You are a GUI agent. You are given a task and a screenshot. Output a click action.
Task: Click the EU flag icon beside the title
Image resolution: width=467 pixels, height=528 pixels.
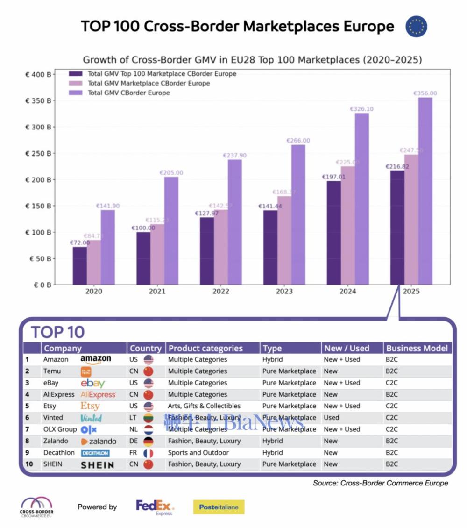tap(416, 26)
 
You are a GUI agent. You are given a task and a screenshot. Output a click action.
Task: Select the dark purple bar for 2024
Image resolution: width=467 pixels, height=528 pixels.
tap(333, 233)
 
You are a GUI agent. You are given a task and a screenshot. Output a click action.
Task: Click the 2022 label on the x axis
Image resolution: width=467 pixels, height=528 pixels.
tap(221, 291)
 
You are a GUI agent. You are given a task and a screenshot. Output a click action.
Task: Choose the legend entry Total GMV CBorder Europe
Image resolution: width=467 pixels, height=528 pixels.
tap(128, 93)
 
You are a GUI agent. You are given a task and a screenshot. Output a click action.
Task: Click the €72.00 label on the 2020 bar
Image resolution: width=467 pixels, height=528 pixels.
tap(79, 243)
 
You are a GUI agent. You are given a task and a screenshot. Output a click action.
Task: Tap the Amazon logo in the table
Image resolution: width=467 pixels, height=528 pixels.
tap(96, 359)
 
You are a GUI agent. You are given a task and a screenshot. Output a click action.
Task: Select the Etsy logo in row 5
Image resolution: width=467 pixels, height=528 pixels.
tap(90, 406)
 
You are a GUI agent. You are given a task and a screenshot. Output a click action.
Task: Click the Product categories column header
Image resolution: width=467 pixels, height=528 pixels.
tap(205, 348)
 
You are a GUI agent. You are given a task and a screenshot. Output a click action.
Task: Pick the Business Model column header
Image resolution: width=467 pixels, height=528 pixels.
tap(417, 348)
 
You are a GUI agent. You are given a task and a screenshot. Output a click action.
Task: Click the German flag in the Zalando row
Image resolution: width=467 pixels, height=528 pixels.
tap(148, 441)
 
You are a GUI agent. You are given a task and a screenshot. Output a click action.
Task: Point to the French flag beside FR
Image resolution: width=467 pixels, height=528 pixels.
tap(148, 453)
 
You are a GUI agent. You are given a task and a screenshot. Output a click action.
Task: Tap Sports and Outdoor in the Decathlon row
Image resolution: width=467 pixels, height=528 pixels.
tap(198, 453)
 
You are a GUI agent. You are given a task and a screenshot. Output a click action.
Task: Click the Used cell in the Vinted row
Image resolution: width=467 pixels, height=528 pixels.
tap(332, 418)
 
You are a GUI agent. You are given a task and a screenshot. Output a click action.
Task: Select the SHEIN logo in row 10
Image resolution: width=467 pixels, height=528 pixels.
tap(97, 465)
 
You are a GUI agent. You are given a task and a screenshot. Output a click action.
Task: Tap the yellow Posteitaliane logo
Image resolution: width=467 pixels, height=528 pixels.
tap(219, 507)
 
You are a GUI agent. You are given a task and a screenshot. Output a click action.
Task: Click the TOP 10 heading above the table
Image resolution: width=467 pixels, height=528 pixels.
tap(58, 332)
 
